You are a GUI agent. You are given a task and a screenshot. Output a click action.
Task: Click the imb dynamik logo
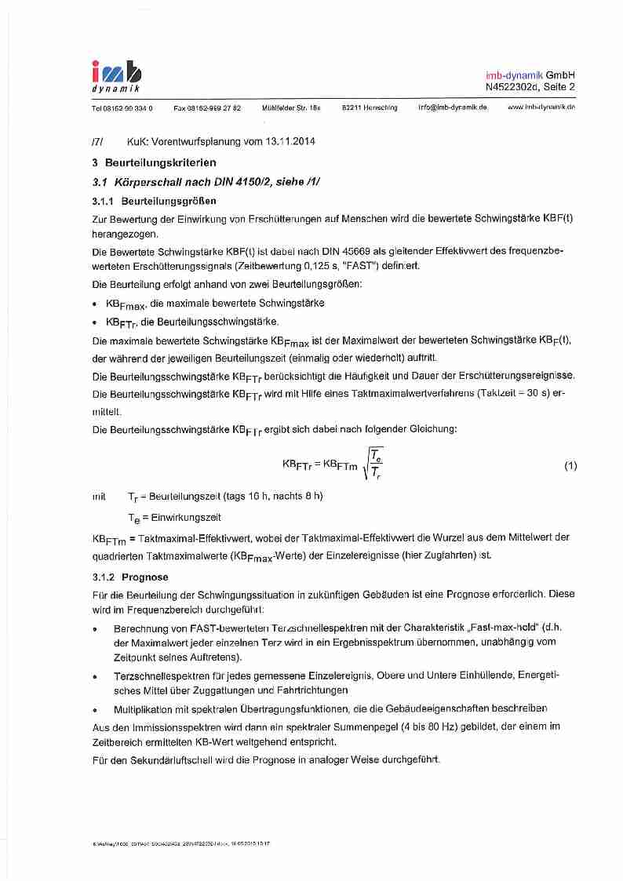pyautogui.click(x=117, y=77)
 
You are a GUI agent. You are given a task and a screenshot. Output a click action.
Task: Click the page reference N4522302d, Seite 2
pyautogui.click(x=530, y=86)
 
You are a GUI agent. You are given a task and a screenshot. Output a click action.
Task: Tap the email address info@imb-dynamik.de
pyautogui.click(x=453, y=107)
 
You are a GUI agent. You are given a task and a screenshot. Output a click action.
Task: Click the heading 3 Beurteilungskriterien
pyautogui.click(x=154, y=163)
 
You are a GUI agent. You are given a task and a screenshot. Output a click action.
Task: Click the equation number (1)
pyautogui.click(x=570, y=465)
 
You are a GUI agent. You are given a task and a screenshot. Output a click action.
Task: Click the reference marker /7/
pyautogui.click(x=97, y=142)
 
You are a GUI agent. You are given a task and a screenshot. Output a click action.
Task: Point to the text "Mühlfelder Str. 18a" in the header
pyautogui.click(x=291, y=107)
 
